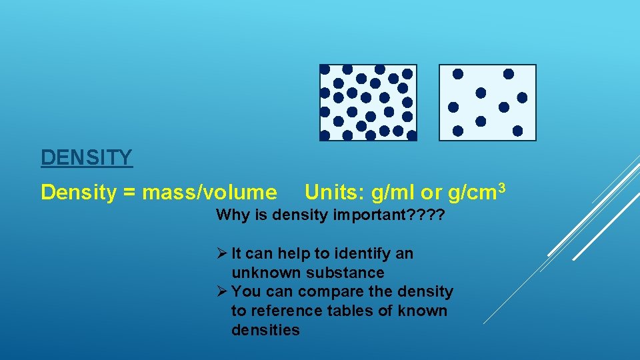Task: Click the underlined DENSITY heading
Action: tap(87, 158)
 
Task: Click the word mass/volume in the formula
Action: tap(210, 193)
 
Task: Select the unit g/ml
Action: tap(393, 193)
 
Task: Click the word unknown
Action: tap(265, 273)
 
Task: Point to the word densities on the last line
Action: tap(265, 331)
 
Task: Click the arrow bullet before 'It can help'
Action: tap(223, 253)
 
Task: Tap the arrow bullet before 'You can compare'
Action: tap(223, 292)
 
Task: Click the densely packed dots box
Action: tap(368, 103)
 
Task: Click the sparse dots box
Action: tap(487, 103)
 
